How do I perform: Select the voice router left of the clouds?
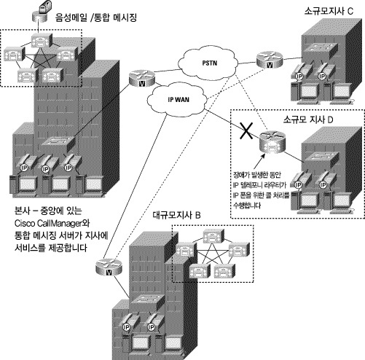(x=136, y=79)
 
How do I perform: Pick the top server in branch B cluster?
(x=212, y=235)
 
